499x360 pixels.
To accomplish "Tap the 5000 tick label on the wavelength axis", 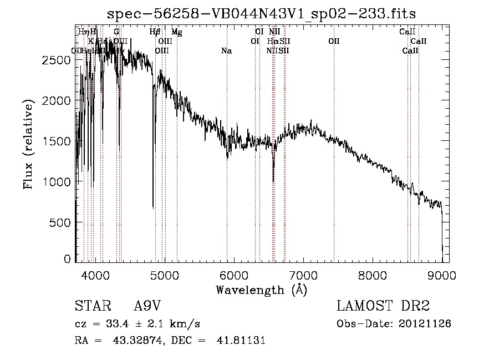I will click(x=164, y=274).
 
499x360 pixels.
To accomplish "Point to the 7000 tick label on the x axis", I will click(x=303, y=274).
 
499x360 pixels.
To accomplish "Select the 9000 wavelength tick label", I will click(x=442, y=274).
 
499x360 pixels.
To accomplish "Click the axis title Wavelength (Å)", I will click(x=261, y=290).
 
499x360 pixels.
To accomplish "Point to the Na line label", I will click(x=226, y=51).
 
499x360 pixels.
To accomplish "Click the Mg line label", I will click(x=176, y=32).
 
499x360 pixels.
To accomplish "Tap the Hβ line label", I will click(x=155, y=32).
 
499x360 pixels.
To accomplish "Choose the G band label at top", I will click(x=116, y=32).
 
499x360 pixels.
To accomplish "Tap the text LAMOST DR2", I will click(x=383, y=306).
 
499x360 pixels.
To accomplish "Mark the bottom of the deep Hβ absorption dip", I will click(x=153, y=207).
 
